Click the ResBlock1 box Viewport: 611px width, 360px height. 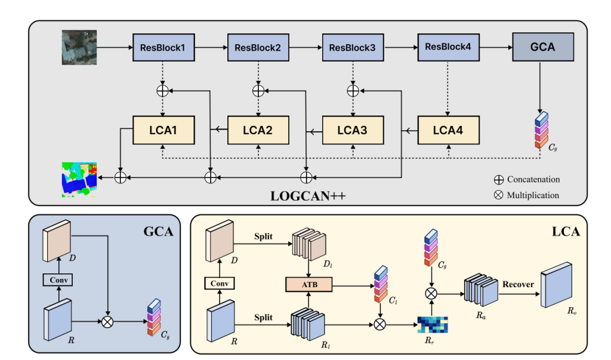[163, 47]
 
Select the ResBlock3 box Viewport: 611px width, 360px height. [353, 47]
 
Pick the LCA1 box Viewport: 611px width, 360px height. [163, 128]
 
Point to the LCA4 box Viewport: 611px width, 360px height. [448, 128]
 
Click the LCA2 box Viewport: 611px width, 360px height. [258, 128]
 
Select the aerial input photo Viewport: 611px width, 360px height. [75, 47]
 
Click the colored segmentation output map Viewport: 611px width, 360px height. [80, 177]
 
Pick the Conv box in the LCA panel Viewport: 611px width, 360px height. [220, 283]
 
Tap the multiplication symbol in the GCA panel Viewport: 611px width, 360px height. [108, 321]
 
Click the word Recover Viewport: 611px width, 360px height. [517, 284]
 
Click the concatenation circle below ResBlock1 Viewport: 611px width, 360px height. [162, 91]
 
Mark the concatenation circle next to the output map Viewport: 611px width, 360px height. [121, 177]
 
